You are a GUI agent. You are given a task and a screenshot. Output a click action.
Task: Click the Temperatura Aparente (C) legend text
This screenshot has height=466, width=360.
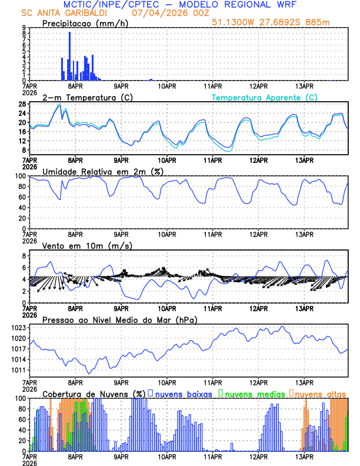pyautogui.click(x=265, y=97)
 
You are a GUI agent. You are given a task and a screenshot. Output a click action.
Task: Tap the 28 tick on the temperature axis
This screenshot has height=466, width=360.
pyautogui.click(x=21, y=104)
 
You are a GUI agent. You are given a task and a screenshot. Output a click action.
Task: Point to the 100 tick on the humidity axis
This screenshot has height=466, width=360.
pyautogui.click(x=18, y=176)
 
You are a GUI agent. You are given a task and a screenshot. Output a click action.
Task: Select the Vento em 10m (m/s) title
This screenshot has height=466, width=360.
pyautogui.click(x=87, y=245)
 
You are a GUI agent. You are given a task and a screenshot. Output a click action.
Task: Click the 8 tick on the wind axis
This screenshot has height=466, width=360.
pyautogui.click(x=23, y=256)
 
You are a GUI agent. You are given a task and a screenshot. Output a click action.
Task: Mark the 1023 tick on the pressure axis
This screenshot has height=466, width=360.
pyautogui.click(x=16, y=327)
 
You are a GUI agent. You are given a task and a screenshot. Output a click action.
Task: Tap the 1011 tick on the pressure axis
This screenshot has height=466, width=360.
pyautogui.click(x=16, y=370)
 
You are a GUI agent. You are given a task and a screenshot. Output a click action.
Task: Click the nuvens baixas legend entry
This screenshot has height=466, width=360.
pyautogui.click(x=185, y=393)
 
